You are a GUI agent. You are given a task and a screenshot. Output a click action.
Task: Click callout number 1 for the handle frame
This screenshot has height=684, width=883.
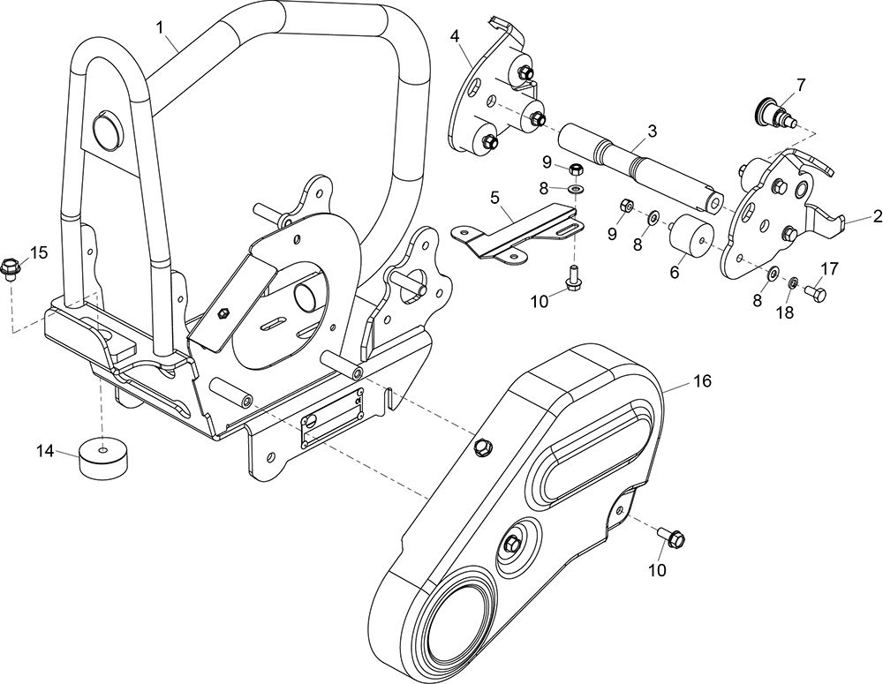tap(161, 27)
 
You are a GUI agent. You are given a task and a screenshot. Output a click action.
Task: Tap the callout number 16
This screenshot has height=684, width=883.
tap(702, 381)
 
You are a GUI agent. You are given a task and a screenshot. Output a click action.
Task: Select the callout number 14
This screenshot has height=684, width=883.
tap(46, 451)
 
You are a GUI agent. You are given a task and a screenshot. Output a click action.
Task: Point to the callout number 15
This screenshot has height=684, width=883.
tap(39, 252)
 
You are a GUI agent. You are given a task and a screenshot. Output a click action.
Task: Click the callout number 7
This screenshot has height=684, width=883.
tap(800, 85)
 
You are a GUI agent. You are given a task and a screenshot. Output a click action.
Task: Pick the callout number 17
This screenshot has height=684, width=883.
tap(830, 268)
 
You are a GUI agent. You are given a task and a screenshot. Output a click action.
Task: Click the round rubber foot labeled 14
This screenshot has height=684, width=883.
tap(103, 455)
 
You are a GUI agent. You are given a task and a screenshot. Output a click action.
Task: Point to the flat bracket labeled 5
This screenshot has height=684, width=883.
tap(517, 234)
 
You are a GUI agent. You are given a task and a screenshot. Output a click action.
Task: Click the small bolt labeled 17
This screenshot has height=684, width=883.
tap(815, 293)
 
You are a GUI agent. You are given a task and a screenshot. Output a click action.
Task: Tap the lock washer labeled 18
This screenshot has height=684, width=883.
tap(792, 281)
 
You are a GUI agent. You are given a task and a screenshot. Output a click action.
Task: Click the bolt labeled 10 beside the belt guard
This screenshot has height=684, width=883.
tap(671, 536)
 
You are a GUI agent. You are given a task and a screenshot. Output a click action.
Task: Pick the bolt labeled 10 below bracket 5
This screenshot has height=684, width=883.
tap(573, 277)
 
